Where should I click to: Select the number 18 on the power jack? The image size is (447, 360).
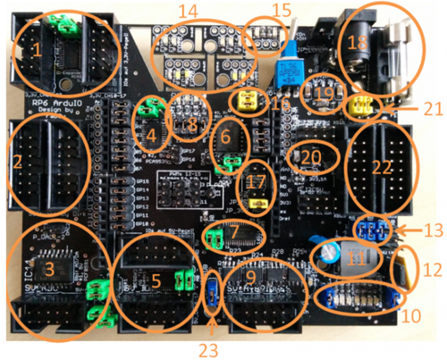pos(357,45)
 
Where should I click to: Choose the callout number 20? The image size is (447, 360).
pos(310,156)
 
